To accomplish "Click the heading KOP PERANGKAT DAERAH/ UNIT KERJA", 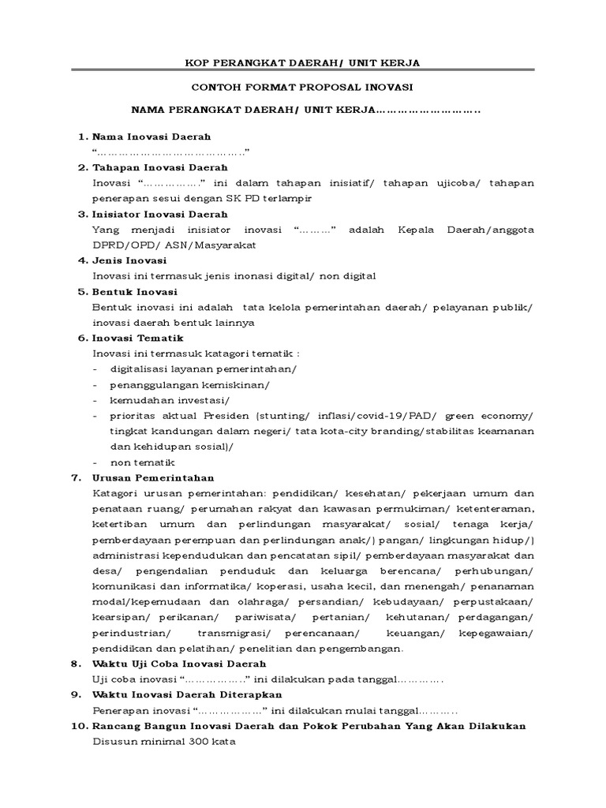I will (302, 62).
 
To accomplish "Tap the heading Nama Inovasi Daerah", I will (151, 137).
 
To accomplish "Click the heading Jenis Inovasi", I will (129, 260).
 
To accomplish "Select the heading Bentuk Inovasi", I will (133, 291).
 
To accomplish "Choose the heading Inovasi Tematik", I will (138, 338).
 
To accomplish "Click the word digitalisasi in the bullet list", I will (140, 369).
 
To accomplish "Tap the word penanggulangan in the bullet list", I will (148, 384).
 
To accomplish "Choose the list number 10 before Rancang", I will (79, 726).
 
